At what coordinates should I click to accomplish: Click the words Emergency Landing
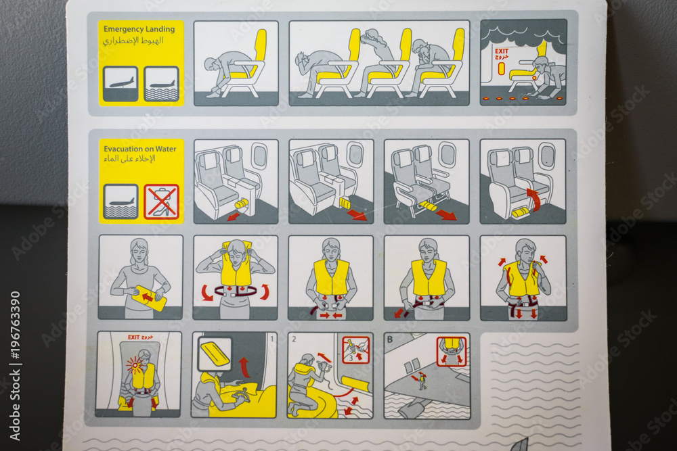(139, 29)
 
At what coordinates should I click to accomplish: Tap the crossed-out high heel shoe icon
(161, 202)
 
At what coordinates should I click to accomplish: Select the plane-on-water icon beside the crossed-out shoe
(121, 202)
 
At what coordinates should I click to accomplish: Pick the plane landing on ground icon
(121, 84)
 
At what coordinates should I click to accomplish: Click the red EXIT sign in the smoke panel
(502, 51)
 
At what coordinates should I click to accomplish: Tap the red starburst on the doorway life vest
(133, 365)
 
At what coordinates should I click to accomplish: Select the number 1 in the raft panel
(271, 337)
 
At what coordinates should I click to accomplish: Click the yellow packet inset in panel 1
(215, 354)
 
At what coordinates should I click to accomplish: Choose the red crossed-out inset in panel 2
(355, 350)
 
